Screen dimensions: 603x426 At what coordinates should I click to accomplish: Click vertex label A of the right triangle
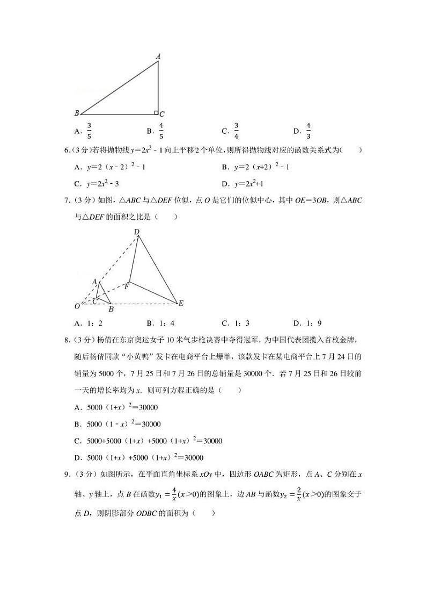pos(158,56)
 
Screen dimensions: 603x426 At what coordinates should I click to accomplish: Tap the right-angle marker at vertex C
pos(156,112)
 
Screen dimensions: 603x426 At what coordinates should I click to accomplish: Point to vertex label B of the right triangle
pos(77,113)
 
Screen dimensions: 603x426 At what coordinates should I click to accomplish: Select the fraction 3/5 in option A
pos(89,131)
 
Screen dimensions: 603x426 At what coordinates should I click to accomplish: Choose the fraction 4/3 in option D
pos(309,131)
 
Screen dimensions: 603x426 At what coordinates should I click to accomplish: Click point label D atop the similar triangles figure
pos(137,232)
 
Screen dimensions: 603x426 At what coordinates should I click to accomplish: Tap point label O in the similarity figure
pos(77,306)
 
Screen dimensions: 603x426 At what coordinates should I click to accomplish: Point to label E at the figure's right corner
pos(181,304)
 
